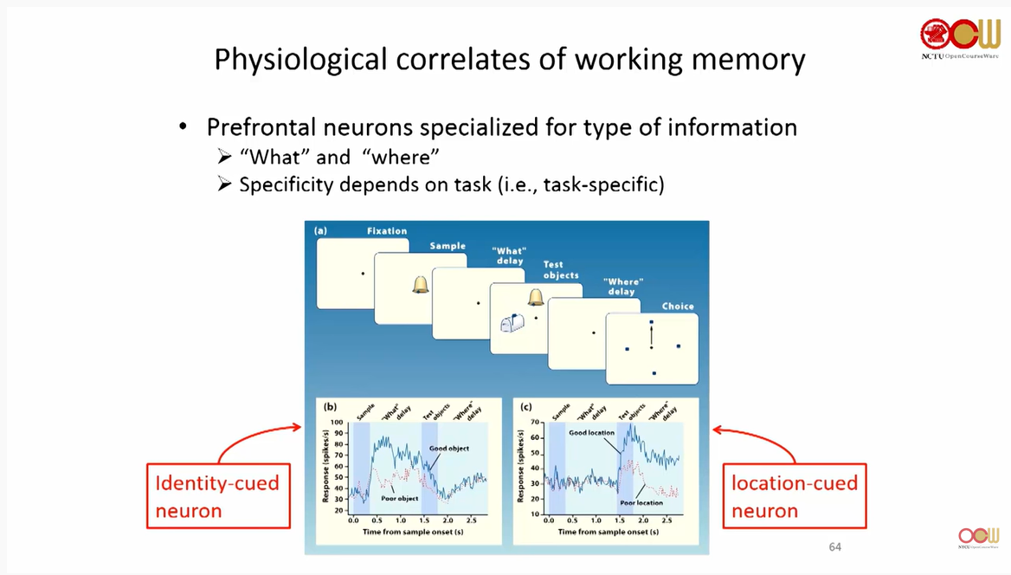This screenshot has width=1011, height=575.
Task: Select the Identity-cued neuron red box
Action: click(x=217, y=496)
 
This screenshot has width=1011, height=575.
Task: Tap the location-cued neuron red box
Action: click(x=794, y=496)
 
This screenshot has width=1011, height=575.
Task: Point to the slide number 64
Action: click(x=834, y=546)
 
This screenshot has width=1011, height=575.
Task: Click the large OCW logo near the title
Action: click(x=959, y=35)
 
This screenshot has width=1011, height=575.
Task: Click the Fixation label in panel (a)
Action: click(x=386, y=231)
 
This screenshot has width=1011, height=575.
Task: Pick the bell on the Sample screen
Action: click(x=421, y=284)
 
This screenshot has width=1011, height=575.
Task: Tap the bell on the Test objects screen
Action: click(x=536, y=298)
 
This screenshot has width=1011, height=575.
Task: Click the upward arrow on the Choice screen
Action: click(x=651, y=333)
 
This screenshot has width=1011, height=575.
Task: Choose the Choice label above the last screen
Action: click(x=678, y=307)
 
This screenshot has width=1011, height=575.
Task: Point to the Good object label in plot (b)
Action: click(x=449, y=449)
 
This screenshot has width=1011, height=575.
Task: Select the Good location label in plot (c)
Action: click(x=592, y=432)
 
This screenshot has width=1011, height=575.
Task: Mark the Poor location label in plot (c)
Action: click(x=641, y=502)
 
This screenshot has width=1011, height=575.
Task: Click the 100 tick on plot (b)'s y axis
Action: click(x=336, y=422)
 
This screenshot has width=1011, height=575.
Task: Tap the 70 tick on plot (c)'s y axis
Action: click(x=535, y=422)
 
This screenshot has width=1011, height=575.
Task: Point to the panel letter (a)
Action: click(x=321, y=231)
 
